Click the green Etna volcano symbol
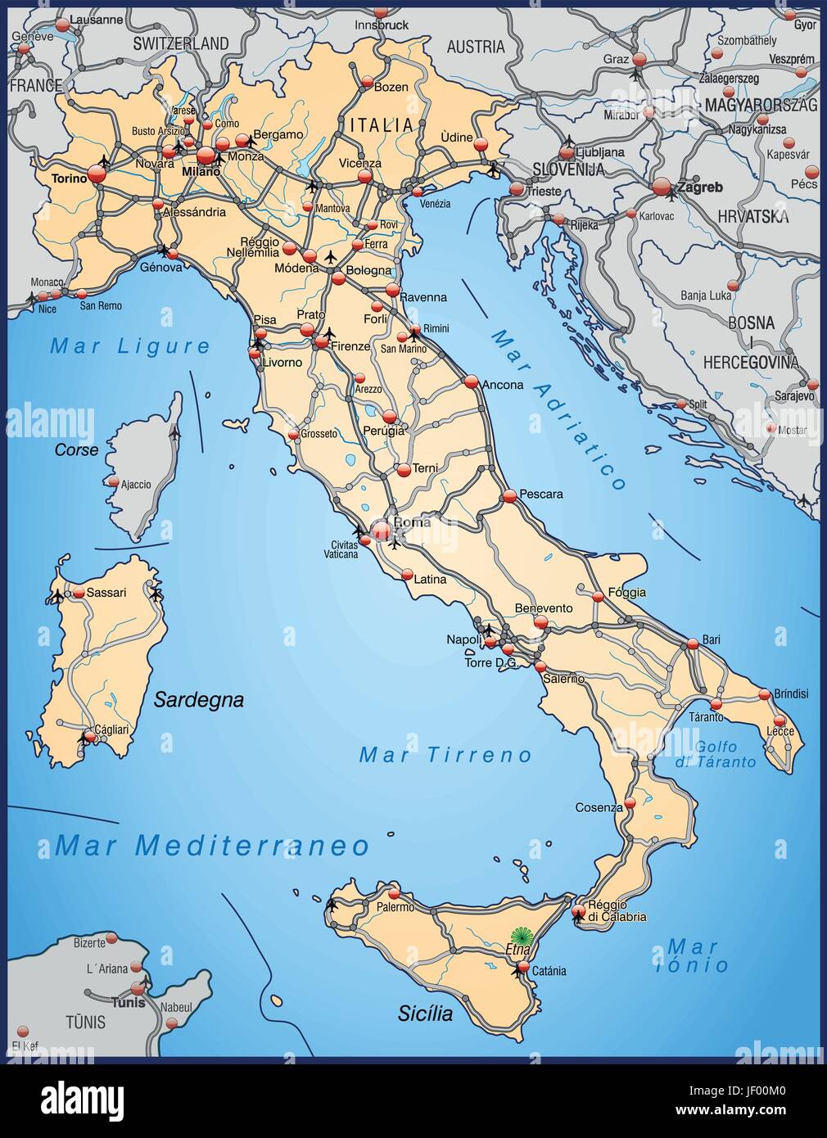point(519,937)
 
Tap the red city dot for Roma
point(382,531)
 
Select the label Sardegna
point(199,700)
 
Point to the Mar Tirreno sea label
point(445,755)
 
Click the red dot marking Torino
point(97,174)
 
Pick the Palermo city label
point(396,907)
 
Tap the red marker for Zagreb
point(662,187)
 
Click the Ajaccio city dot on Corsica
point(114,482)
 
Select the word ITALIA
point(382,125)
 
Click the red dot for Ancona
point(471,382)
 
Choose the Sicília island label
point(425,1014)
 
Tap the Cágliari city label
point(111,729)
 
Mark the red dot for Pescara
point(509,495)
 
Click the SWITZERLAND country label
point(181,43)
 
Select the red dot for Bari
point(693,644)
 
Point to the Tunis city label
point(128,1002)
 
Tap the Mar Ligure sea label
point(130,346)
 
